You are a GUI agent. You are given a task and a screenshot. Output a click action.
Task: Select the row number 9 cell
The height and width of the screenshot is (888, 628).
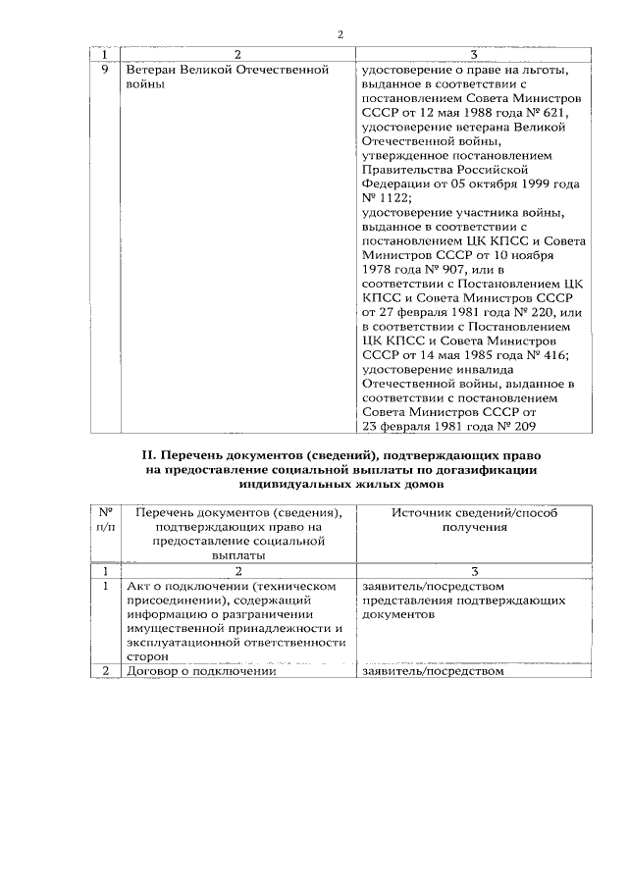[x=105, y=72]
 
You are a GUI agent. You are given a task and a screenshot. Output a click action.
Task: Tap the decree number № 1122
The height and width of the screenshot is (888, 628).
[x=381, y=198]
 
